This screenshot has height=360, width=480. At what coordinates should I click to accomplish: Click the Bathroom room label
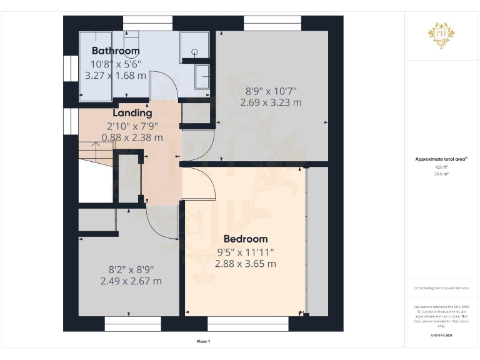tap(116, 51)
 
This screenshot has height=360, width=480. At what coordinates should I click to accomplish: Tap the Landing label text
tap(132, 113)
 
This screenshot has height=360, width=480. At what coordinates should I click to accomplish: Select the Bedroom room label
tap(246, 239)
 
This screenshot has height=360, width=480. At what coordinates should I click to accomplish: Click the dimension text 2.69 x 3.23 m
tap(271, 102)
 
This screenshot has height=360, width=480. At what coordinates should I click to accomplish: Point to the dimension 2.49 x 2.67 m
tap(131, 281)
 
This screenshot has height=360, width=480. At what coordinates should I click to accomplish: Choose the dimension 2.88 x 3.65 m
tap(246, 264)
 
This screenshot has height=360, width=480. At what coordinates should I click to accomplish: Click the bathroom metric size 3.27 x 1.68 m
tap(116, 75)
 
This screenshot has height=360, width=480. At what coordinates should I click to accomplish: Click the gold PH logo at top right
tap(441, 35)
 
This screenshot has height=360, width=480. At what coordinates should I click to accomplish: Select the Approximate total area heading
tap(441, 159)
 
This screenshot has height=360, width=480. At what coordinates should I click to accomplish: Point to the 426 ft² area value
tap(441, 167)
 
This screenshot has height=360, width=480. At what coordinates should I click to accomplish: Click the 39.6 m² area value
tap(441, 174)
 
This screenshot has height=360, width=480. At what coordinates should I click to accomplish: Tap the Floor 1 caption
tap(203, 341)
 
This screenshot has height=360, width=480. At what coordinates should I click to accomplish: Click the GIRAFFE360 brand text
tap(441, 336)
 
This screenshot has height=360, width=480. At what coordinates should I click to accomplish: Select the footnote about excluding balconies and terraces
tap(441, 288)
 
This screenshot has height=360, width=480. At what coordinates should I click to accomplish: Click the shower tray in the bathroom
tap(194, 46)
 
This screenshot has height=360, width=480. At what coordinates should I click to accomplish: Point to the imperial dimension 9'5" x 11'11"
tap(246, 252)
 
